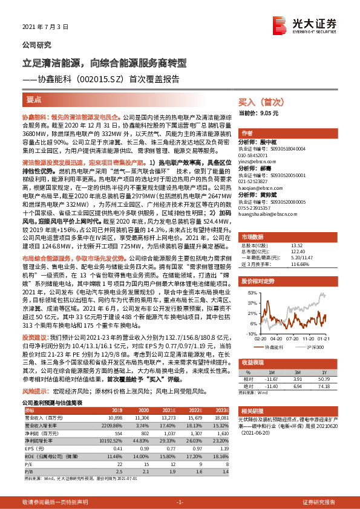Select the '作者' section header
[x=247, y=133]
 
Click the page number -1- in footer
[x=180, y=502]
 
